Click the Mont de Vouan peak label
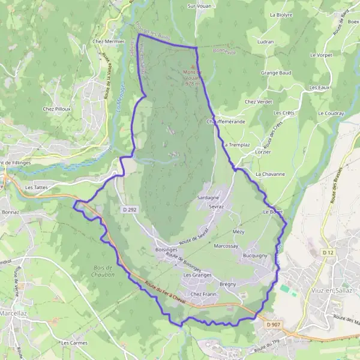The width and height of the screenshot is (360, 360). [x=193, y=78]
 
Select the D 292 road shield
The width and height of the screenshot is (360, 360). [x=130, y=209]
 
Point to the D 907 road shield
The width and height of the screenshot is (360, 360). [x=273, y=325]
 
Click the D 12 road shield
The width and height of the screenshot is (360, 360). [x=327, y=253]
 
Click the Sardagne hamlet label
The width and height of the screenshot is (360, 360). [x=208, y=197]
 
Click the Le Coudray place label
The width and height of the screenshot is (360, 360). [x=331, y=113]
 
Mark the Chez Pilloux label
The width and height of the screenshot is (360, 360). [x=57, y=109]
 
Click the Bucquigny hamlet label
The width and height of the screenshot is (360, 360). [x=255, y=256]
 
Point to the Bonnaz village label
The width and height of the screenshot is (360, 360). [x=11, y=212]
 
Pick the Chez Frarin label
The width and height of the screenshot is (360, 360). [x=202, y=294]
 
